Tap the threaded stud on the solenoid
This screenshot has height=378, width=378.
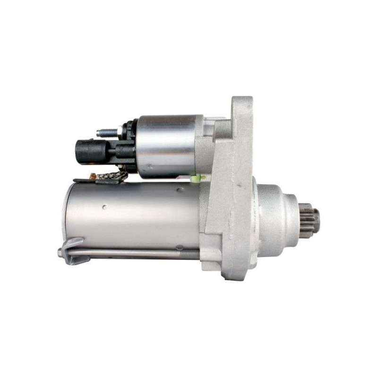[x=107, y=133]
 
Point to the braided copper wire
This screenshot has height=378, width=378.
[x=112, y=177]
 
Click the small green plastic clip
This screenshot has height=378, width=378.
[x=198, y=178]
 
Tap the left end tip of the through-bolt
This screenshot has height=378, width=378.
[x=60, y=253]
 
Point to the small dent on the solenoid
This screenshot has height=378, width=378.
[x=148, y=166]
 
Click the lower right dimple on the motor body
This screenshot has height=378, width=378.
[x=179, y=247]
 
